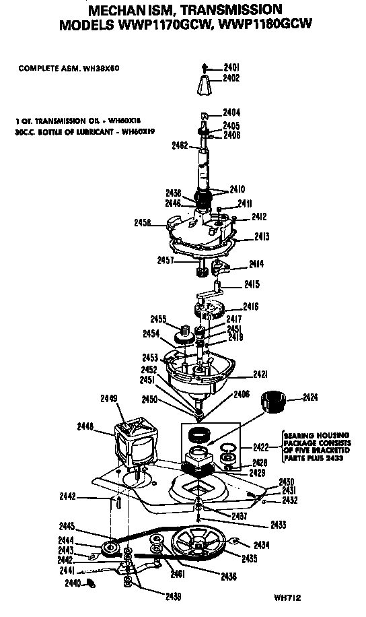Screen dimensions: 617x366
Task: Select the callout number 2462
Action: tap(180, 145)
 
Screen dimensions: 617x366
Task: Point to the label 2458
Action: tap(143, 222)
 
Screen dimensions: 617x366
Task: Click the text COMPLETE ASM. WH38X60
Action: tap(69, 68)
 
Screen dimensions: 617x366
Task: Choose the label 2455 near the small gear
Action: tap(158, 318)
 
